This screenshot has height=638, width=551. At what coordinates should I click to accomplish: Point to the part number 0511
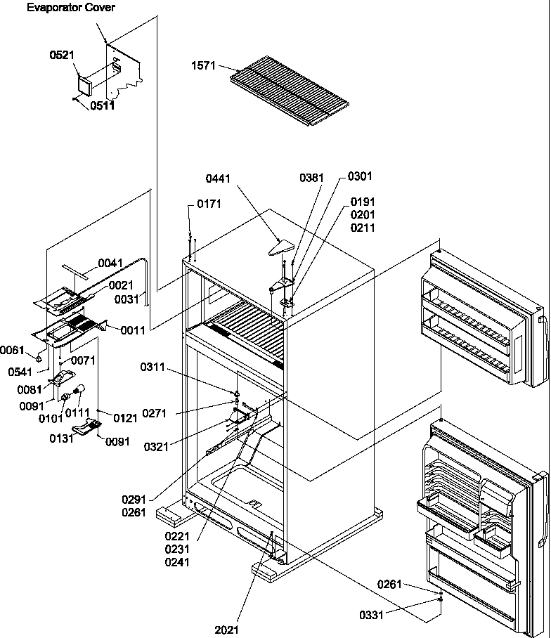click(103, 106)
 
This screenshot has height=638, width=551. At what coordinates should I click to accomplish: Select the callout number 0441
click(218, 180)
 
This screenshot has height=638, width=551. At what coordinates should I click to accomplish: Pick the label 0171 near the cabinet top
click(209, 204)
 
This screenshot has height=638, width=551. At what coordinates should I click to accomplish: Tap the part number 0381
click(312, 178)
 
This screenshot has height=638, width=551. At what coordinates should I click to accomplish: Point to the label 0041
click(110, 263)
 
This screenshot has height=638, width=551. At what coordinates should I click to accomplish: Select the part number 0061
click(12, 349)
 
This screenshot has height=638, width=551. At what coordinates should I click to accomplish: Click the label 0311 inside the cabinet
click(154, 366)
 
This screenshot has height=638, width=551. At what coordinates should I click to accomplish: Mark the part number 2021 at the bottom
click(227, 630)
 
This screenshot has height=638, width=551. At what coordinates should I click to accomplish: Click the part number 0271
click(154, 415)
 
